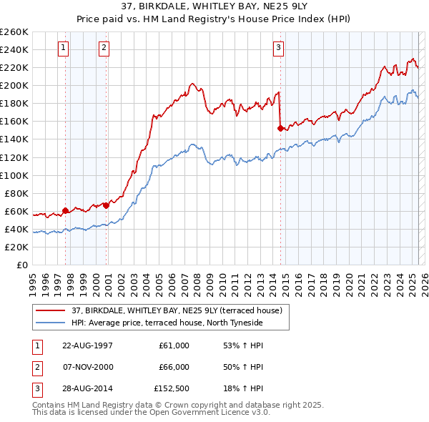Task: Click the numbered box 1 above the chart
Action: coord(64,48)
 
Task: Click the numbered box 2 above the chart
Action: coord(104,48)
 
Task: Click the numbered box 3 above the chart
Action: coord(278,48)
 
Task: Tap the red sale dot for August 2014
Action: coord(280,128)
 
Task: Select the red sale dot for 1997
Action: coord(65,210)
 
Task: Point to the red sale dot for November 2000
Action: coord(106,205)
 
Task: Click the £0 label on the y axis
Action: coord(21,265)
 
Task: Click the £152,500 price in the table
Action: coord(172,390)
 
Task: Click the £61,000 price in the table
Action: coord(174,345)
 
